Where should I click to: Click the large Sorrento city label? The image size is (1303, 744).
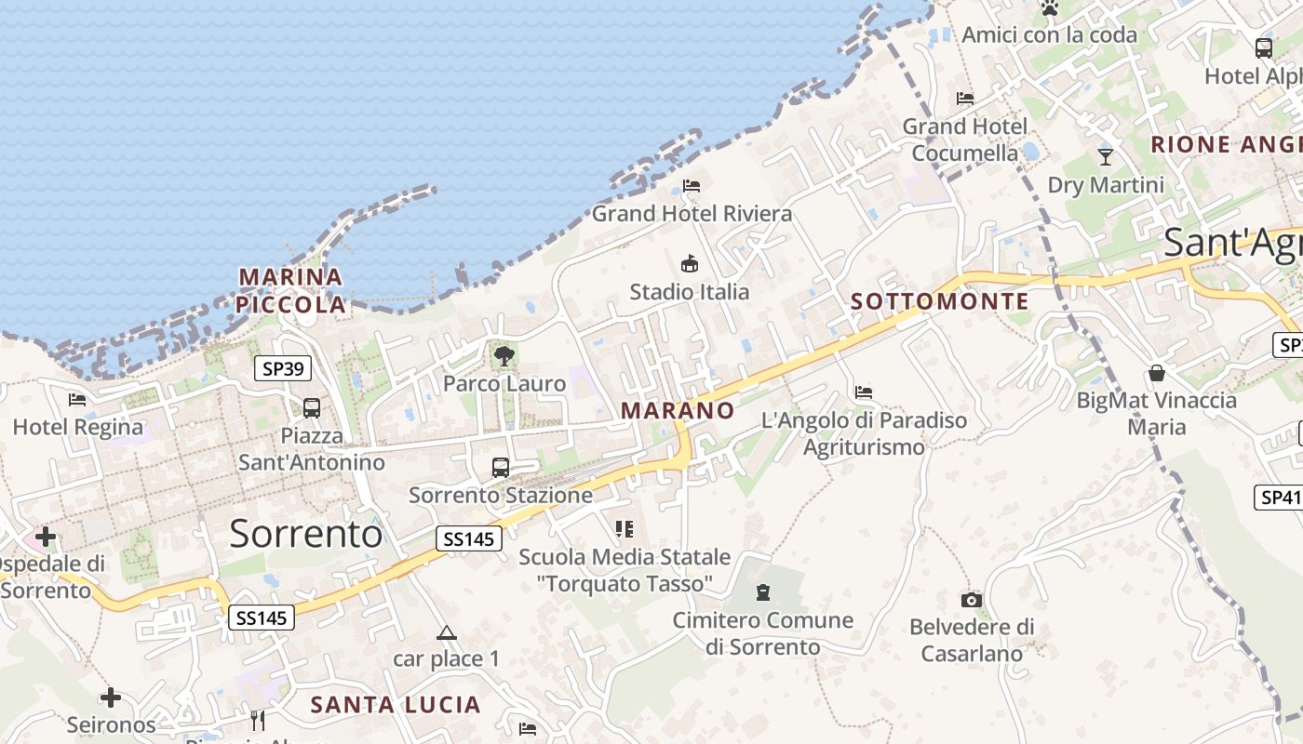pos(305,534)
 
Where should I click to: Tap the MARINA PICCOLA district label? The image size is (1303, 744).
pos(290,290)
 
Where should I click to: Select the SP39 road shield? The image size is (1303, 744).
pos(283,369)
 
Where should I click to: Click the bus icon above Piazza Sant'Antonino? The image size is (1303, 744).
pos(312,407)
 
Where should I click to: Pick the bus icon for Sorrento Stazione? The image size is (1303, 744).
pos(501,467)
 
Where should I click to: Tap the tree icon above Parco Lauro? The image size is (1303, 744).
pos(504,355)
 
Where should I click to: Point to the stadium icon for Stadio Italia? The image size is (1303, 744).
pos(690,263)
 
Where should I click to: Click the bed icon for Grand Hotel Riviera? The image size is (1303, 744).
pos(692,185)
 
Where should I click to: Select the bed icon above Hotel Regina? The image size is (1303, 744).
pos(77,400)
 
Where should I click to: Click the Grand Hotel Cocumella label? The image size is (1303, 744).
pos(965,139)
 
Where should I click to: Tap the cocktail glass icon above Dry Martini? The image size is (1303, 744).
pos(1106,156)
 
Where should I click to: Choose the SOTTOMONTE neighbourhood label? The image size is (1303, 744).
pos(940,301)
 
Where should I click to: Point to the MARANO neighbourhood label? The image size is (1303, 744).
pos(678,410)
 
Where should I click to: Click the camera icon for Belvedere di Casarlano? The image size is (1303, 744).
pos(972,600)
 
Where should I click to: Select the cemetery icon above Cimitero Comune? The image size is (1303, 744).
pos(763,592)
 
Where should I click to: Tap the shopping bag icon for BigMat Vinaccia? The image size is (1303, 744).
pos(1157,373)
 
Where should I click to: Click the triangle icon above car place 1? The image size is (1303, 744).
pos(447,633)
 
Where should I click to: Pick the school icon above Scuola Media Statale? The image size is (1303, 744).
pos(625,529)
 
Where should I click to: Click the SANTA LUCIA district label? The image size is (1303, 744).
pos(396,705)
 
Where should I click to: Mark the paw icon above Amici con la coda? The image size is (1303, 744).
pos(1050,8)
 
